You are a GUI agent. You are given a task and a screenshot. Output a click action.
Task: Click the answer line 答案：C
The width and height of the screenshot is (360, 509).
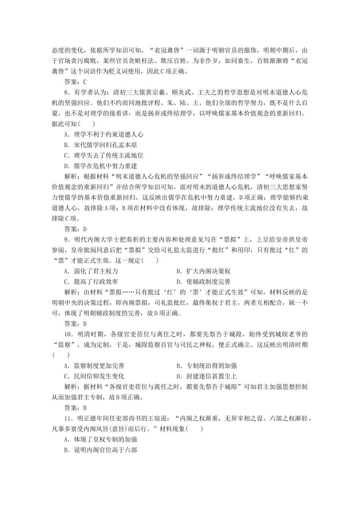(76, 81)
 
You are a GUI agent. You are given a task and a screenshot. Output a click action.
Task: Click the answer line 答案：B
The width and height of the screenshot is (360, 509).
(76, 408)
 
